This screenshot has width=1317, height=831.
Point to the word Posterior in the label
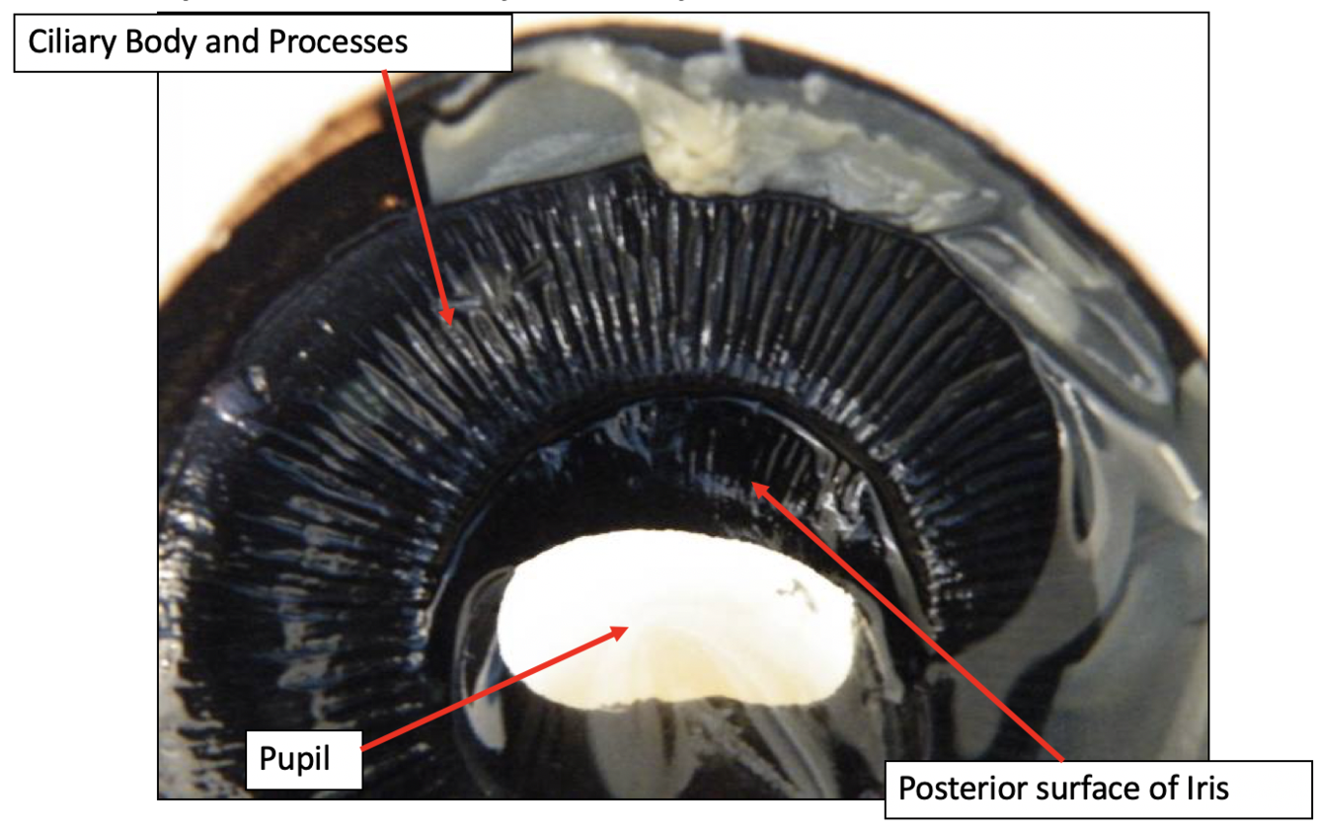[x=956, y=790]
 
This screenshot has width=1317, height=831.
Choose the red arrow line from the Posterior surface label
[x=908, y=622]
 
